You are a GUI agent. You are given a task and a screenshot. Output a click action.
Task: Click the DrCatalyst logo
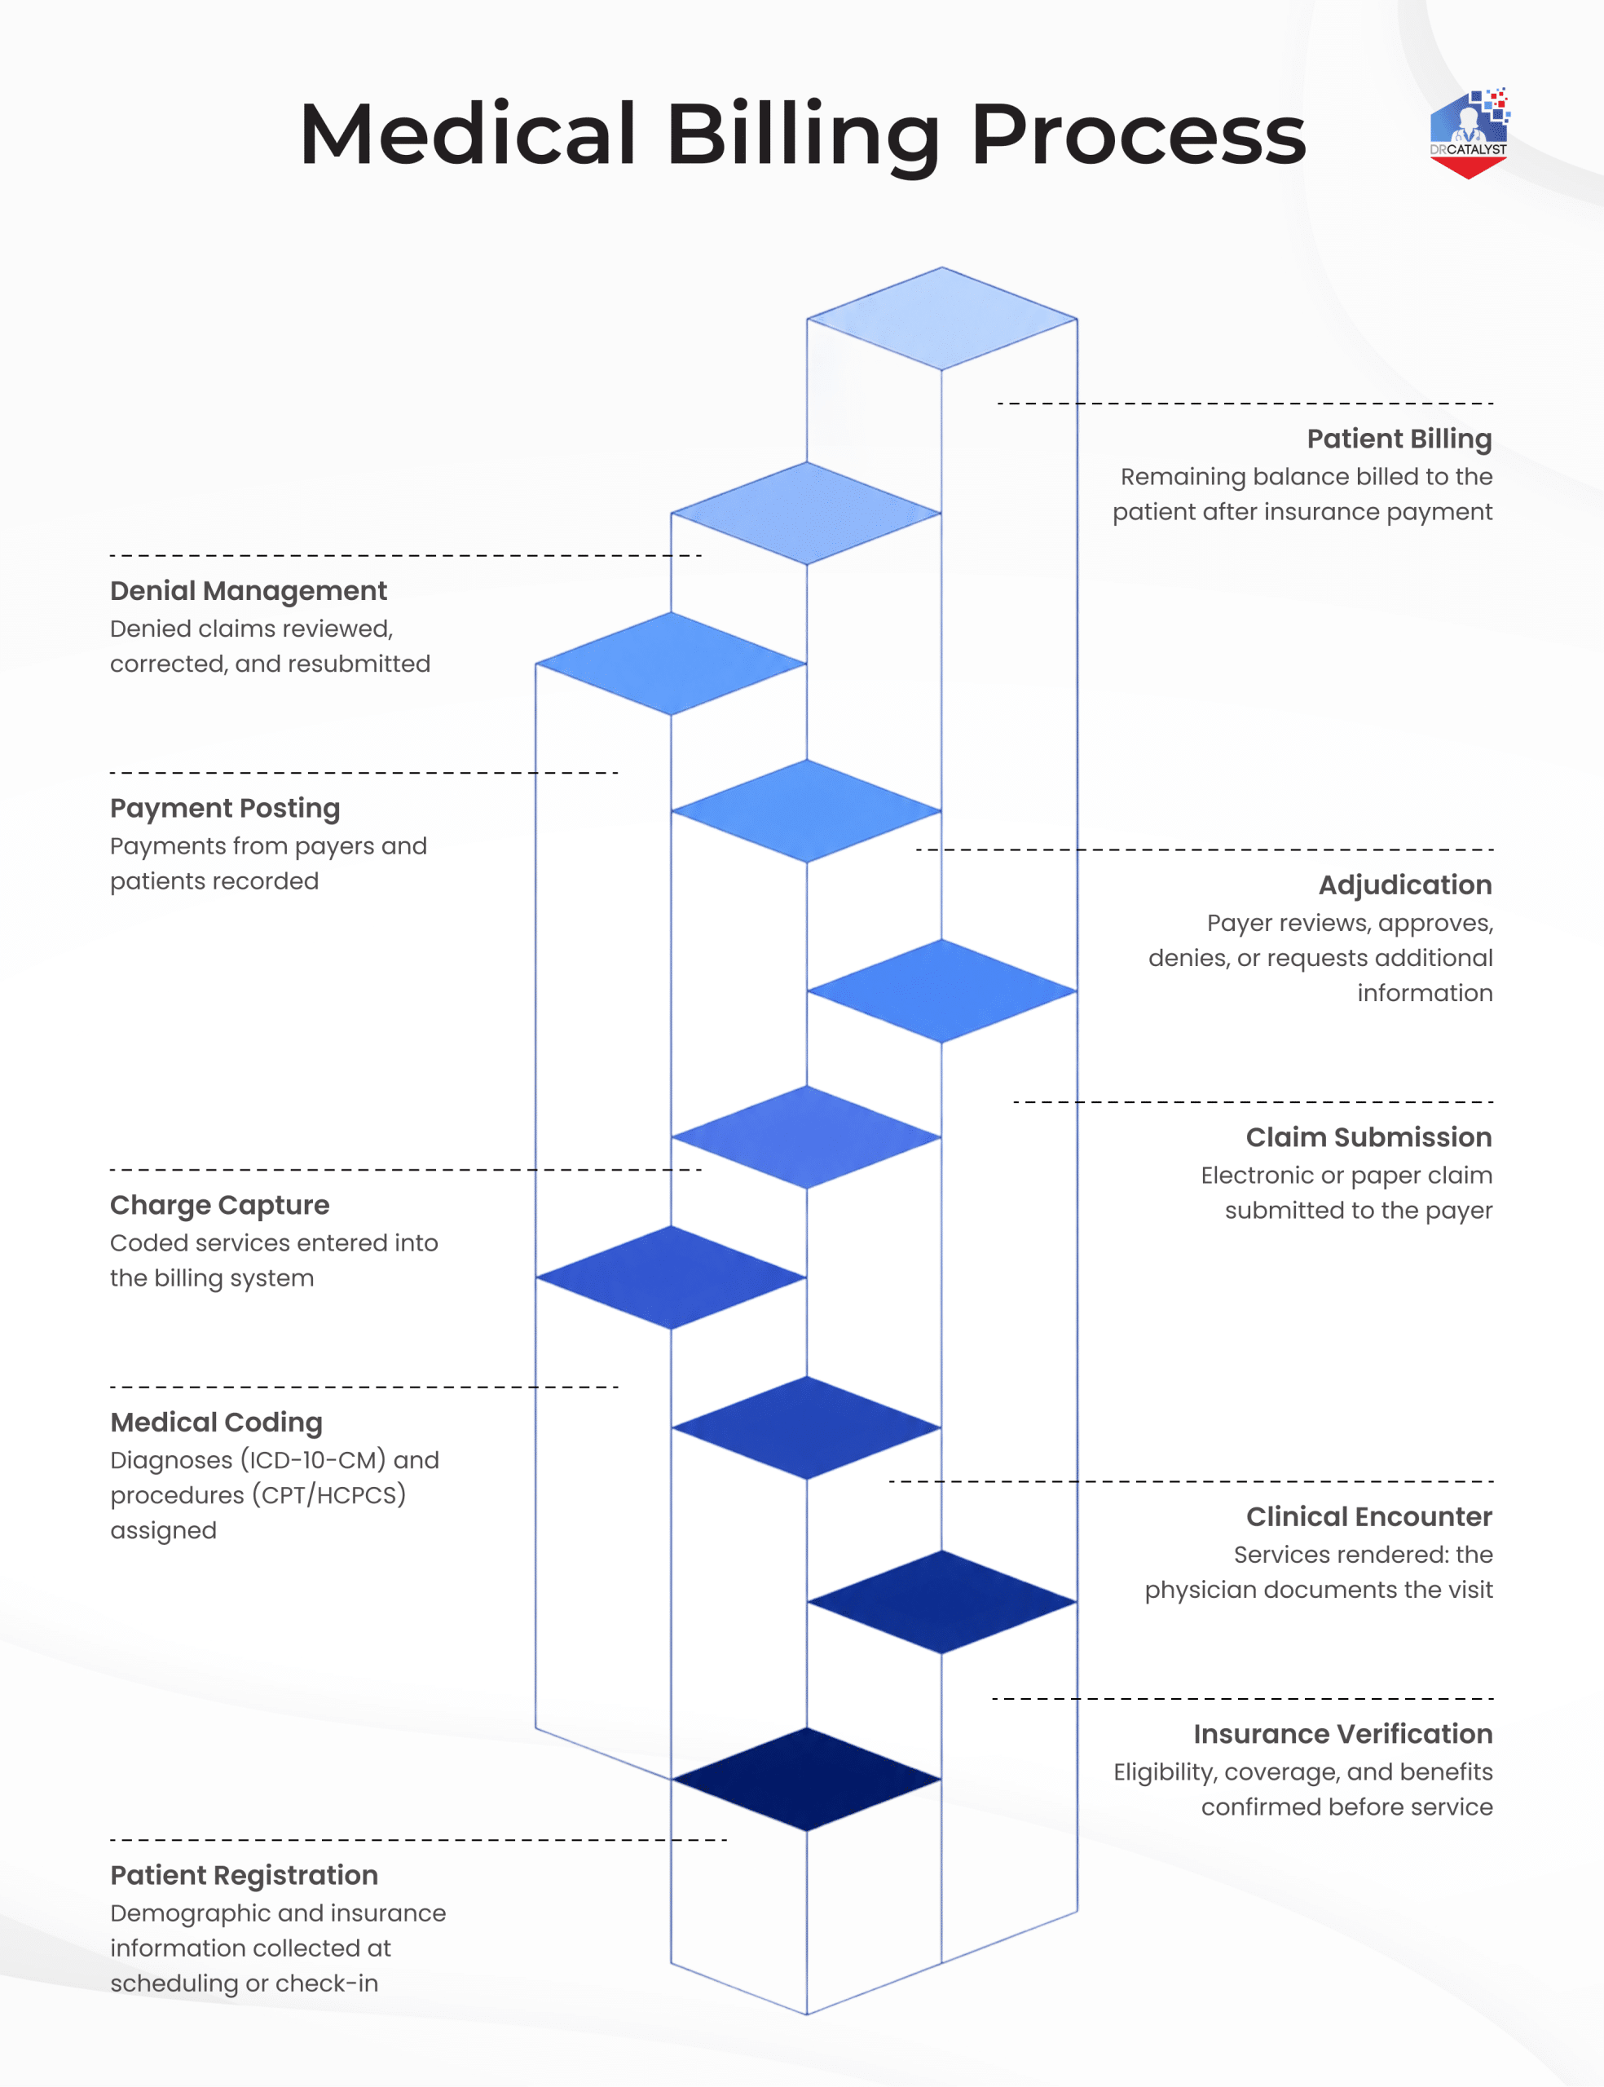click(x=1470, y=133)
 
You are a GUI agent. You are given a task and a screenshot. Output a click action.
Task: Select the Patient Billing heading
click(x=1399, y=439)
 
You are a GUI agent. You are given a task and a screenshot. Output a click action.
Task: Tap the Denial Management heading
click(x=249, y=592)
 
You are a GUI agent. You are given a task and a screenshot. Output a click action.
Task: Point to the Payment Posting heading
click(x=225, y=809)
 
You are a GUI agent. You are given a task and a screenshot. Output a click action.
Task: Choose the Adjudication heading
click(x=1405, y=886)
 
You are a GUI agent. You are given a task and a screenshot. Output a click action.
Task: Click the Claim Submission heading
click(x=1369, y=1137)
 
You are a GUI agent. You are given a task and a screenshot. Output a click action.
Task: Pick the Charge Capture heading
click(x=219, y=1206)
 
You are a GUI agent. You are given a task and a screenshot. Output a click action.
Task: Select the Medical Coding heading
click(x=217, y=1423)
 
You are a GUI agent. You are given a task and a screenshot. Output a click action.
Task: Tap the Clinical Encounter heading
click(x=1369, y=1517)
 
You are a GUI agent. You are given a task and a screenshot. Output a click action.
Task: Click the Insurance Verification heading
click(x=1343, y=1734)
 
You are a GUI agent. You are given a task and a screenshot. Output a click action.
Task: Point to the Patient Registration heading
click(x=245, y=1876)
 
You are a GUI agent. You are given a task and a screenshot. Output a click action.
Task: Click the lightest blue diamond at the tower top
click(x=942, y=319)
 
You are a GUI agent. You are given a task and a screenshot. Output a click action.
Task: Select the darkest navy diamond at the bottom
click(x=807, y=1780)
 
